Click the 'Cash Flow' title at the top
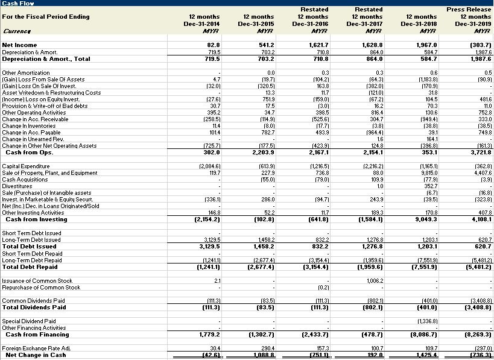tap(18, 4)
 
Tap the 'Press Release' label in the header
tap(469, 10)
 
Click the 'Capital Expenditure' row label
tap(27, 166)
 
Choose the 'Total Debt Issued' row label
tap(29, 246)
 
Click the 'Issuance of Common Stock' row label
tap(37, 281)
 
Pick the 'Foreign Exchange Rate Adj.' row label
tap(37, 348)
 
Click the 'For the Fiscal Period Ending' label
tap(46, 16)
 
